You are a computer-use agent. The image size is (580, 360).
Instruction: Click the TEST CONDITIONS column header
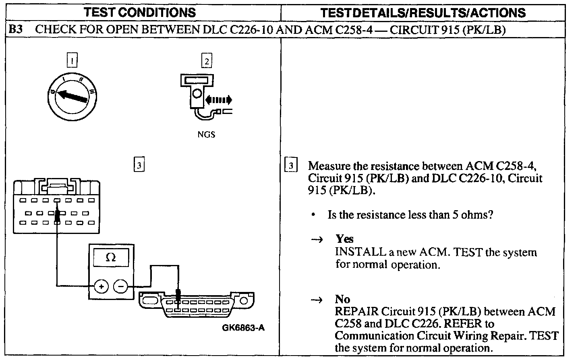(140, 12)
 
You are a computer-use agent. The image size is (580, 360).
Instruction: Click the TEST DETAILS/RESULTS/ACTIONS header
(423, 12)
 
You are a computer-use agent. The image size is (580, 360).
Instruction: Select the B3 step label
(16, 29)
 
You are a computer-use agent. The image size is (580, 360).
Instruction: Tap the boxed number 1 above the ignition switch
(72, 60)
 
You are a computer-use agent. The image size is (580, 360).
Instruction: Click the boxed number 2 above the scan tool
(207, 60)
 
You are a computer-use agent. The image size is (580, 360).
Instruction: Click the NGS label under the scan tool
(206, 134)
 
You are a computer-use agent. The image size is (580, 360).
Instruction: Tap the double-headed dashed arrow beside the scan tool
(219, 99)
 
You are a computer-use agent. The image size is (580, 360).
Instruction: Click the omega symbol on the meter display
(111, 257)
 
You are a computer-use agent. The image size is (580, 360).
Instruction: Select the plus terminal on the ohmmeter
(101, 286)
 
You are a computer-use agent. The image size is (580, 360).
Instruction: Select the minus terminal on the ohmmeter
(121, 286)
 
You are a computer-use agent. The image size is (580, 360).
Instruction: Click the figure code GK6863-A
(243, 328)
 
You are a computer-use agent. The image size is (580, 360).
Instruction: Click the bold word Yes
(344, 239)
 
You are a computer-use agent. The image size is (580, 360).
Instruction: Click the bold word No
(342, 299)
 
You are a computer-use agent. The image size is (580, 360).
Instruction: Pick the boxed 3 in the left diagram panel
(139, 164)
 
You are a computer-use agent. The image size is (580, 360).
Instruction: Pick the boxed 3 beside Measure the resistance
(291, 165)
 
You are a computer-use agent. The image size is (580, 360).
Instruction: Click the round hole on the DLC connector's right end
(244, 300)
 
